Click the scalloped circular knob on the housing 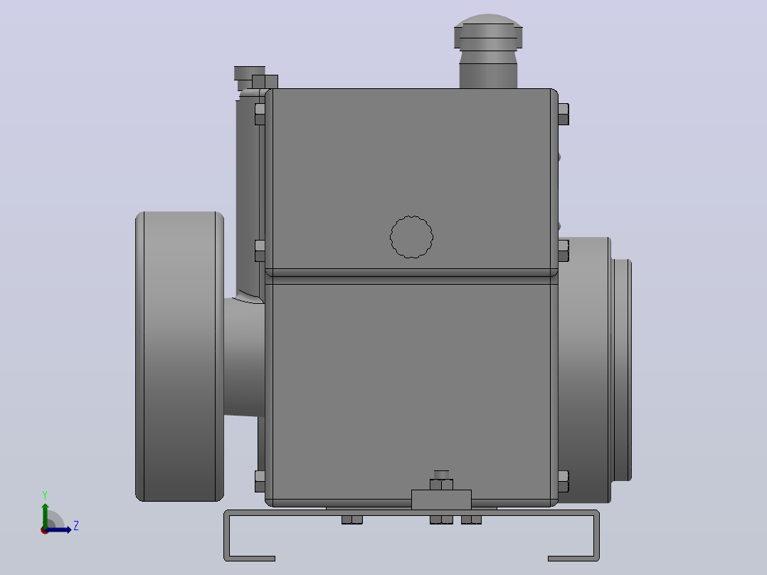pyautogui.click(x=411, y=237)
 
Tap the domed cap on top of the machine pyautogui.click(x=488, y=31)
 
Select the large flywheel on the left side pyautogui.click(x=179, y=357)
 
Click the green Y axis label pyautogui.click(x=45, y=495)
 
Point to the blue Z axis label pyautogui.click(x=76, y=526)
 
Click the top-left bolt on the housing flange pyautogui.click(x=260, y=114)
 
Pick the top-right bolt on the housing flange pyautogui.click(x=564, y=114)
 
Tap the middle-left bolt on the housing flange pyautogui.click(x=260, y=250)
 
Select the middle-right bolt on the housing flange pyautogui.click(x=564, y=250)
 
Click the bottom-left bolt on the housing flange pyautogui.click(x=260, y=482)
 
